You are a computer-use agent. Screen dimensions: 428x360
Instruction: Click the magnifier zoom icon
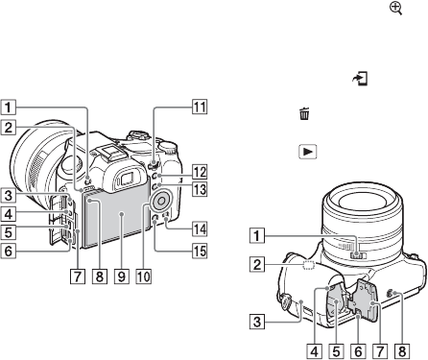[x=395, y=9]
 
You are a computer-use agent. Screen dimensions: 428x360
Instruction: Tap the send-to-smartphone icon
[x=360, y=79]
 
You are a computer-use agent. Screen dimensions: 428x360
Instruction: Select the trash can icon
[x=304, y=114]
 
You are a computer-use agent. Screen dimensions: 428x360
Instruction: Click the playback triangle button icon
[x=308, y=152]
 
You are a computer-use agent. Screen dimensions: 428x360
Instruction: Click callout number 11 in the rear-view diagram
[x=200, y=107]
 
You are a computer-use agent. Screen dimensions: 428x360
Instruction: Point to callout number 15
[x=200, y=251]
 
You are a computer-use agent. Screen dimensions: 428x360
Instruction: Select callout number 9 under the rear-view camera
[x=122, y=276]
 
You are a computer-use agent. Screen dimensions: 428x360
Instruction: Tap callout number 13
[x=200, y=189]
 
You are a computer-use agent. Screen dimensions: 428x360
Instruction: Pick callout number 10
[x=143, y=276]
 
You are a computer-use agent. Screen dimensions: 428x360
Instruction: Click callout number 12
[x=200, y=172]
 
